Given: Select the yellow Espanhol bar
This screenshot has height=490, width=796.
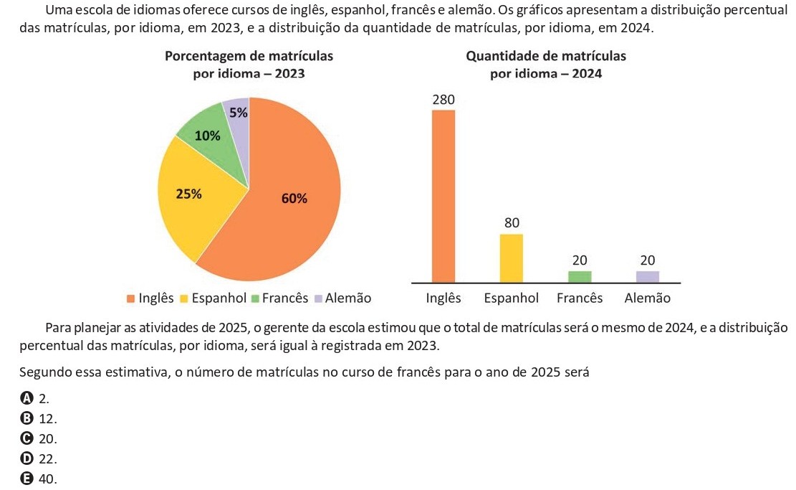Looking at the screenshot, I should [x=511, y=258].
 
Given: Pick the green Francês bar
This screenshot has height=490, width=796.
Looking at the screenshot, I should [x=580, y=277].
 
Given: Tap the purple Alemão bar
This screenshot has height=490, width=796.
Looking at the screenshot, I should [x=647, y=277].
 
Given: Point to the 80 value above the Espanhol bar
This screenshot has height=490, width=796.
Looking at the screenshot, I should [x=511, y=222].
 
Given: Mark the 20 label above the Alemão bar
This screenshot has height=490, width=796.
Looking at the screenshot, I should [x=648, y=260].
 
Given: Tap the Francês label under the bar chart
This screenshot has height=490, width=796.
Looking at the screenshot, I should [x=580, y=298].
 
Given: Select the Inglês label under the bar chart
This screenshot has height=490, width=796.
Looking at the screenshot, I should [x=443, y=298].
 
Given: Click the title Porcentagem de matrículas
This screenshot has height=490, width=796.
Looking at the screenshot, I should [x=249, y=56].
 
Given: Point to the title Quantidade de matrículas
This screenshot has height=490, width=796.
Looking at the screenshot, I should [x=545, y=56].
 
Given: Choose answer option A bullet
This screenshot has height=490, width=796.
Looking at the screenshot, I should [x=27, y=398].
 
